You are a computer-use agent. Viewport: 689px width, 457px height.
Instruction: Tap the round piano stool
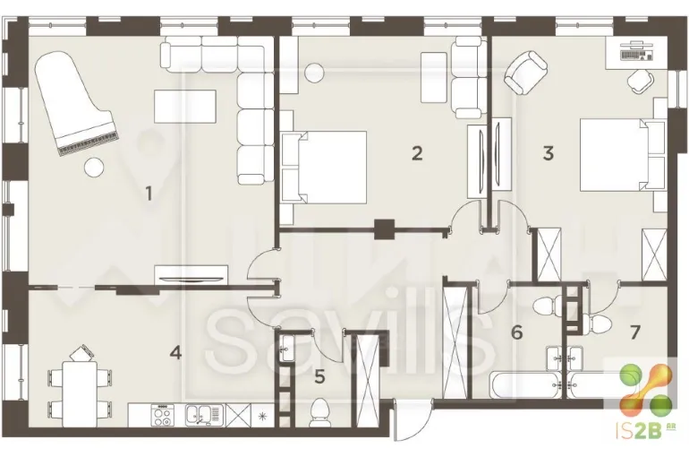(94, 168)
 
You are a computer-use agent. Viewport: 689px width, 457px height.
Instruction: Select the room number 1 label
(149, 193)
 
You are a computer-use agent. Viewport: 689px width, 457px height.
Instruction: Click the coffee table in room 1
(185, 107)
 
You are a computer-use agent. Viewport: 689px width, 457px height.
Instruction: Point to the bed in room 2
(324, 168)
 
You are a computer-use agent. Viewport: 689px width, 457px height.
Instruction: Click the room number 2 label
(417, 153)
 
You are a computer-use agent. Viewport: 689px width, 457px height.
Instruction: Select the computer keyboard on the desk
(636, 55)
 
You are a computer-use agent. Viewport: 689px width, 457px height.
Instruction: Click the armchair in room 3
(526, 72)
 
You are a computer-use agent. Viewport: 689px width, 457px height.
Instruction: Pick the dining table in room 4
(80, 393)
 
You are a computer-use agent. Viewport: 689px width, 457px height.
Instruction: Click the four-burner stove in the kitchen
(162, 415)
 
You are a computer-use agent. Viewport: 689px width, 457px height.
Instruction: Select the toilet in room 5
(319, 411)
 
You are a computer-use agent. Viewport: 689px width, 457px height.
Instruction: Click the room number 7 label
(634, 332)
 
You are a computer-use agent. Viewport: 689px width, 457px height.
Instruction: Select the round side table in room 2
(315, 73)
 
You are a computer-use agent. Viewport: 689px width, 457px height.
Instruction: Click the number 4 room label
(175, 352)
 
